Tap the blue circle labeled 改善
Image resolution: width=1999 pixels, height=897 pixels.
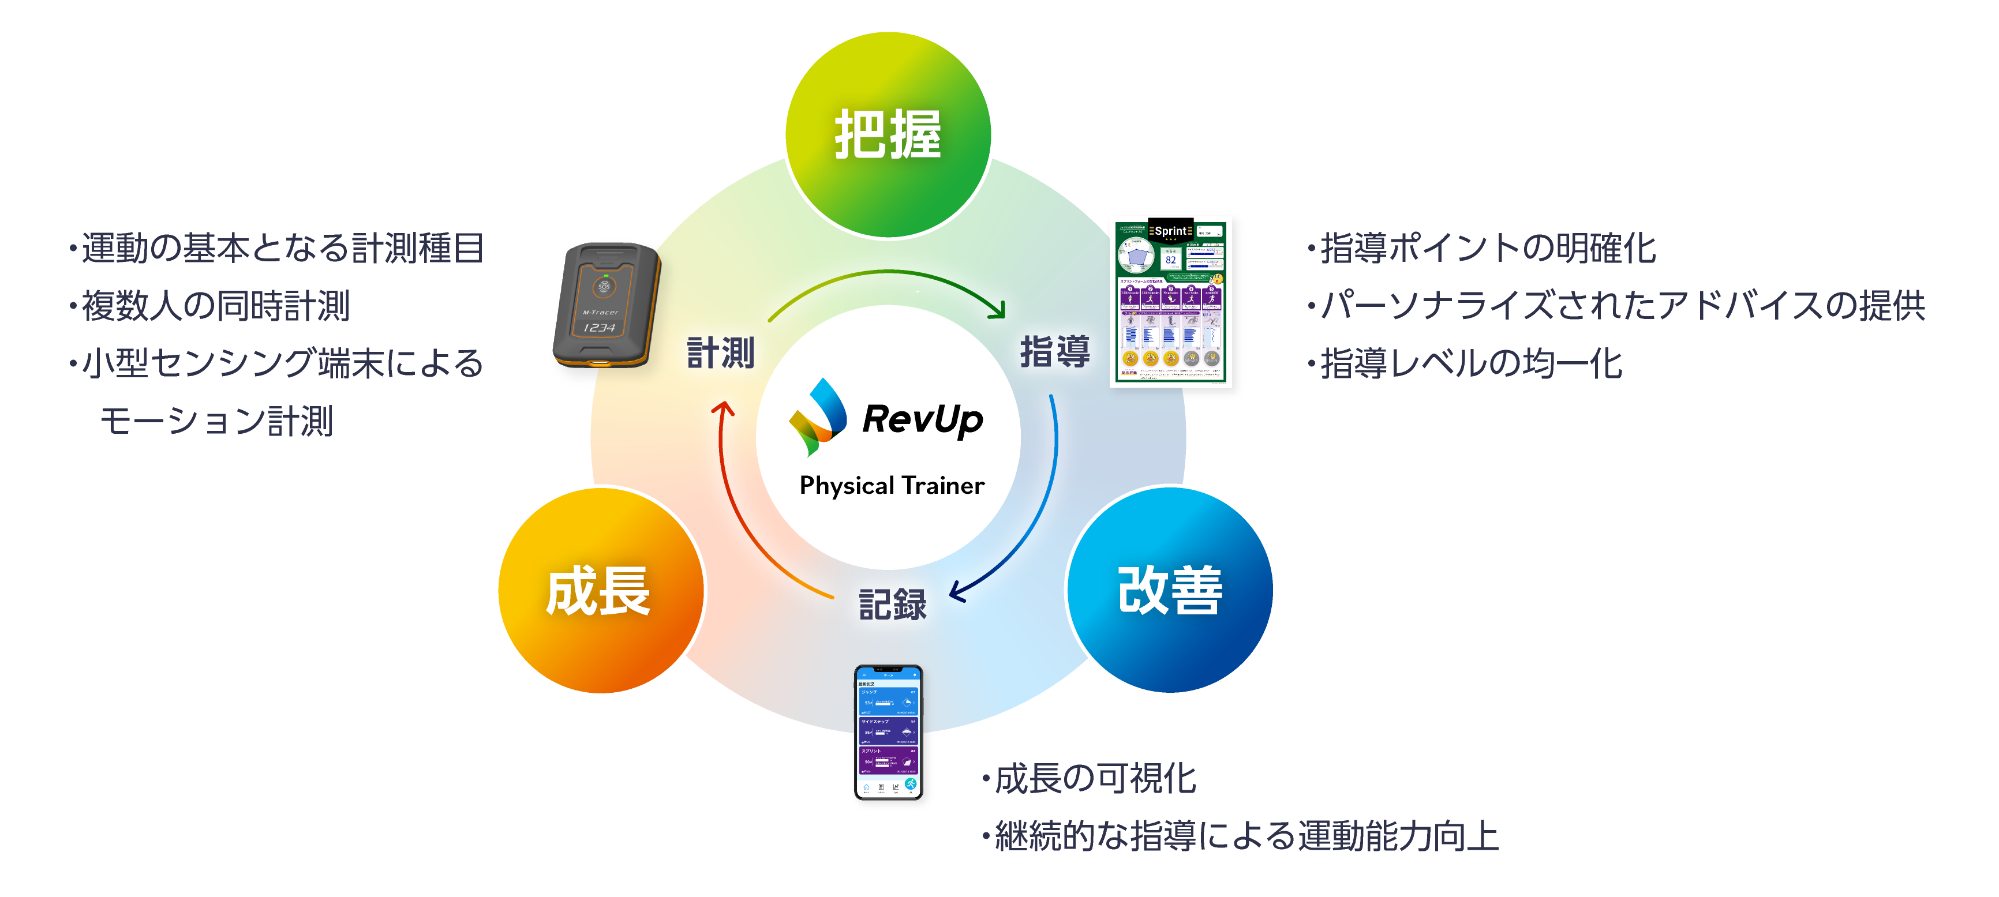pyautogui.click(x=1169, y=590)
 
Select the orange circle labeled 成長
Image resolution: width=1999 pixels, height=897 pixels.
pyautogui.click(x=600, y=590)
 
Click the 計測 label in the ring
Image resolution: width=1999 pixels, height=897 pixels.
pyautogui.click(x=721, y=353)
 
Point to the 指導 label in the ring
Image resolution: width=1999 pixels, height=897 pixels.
pyautogui.click(x=1054, y=351)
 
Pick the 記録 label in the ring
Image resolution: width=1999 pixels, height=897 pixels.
pyautogui.click(x=892, y=605)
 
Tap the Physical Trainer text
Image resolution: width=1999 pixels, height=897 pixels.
pyautogui.click(x=892, y=486)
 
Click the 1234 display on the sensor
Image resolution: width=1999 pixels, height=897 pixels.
pyautogui.click(x=599, y=328)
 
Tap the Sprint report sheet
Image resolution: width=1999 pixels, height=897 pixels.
pyautogui.click(x=1170, y=303)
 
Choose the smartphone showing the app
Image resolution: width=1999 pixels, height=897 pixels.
pyautogui.click(x=889, y=731)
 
